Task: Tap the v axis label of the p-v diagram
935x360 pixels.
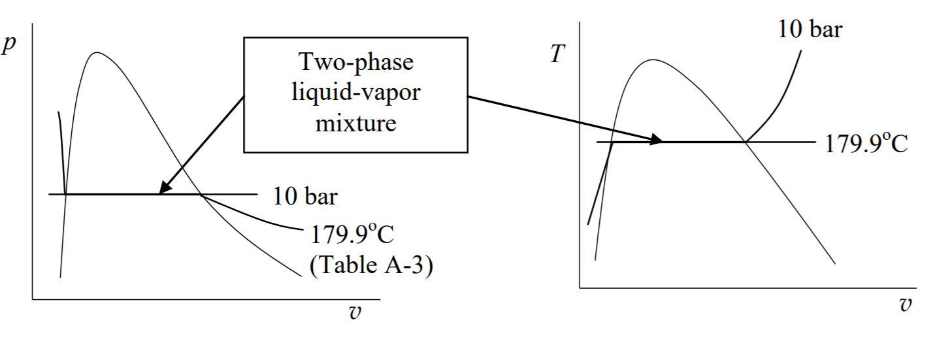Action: (355, 312)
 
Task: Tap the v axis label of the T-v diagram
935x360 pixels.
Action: (906, 304)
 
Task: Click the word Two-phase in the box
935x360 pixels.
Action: (356, 63)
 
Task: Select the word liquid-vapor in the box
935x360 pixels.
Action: (356, 93)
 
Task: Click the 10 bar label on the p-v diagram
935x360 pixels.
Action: (305, 196)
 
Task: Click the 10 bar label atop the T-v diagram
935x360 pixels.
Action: (810, 29)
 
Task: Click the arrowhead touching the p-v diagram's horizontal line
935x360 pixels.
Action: (163, 190)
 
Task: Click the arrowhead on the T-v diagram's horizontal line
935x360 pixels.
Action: (656, 140)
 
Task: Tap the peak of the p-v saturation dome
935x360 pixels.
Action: (97, 52)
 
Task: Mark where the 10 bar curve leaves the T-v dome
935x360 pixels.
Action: (745, 141)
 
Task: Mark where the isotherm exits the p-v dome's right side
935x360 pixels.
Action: (201, 194)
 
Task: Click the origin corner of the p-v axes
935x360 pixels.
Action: (32, 299)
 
